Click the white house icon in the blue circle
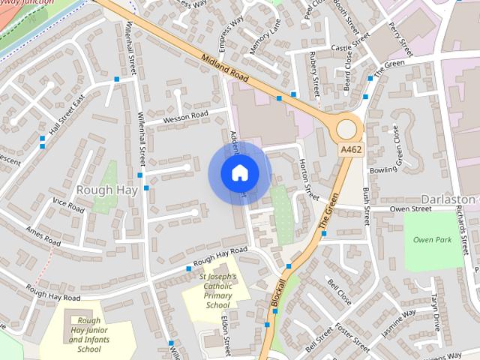pyautogui.click(x=239, y=173)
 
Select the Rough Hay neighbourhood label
pyautogui.click(x=106, y=190)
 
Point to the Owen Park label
pyautogui.click(x=432, y=240)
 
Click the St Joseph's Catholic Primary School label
pyautogui.click(x=217, y=290)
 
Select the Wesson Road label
pyautogui.click(x=186, y=115)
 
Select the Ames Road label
pyautogui.click(x=43, y=236)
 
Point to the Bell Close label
pyautogui.click(x=339, y=289)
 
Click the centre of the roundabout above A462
pyautogui.click(x=347, y=127)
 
